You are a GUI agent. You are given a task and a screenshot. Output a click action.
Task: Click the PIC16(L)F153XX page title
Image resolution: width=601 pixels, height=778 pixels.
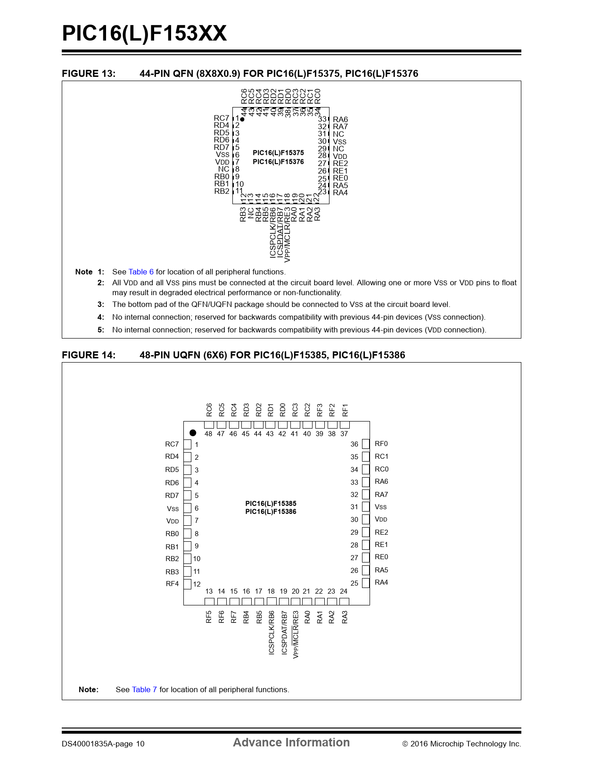(144, 33)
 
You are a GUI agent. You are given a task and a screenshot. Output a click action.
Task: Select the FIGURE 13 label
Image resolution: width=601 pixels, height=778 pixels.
(89, 74)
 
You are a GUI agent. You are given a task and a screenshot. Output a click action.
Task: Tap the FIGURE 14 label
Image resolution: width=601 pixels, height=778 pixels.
(89, 355)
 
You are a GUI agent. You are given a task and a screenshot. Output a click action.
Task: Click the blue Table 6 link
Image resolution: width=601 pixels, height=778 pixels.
(141, 272)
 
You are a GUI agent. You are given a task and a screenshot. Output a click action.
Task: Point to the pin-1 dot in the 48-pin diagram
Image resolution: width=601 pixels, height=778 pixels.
(193, 433)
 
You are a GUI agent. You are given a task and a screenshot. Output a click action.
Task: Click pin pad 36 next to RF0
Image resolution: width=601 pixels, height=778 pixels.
(366, 444)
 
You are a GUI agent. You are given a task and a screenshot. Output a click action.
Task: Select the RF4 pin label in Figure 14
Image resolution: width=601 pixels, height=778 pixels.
(172, 584)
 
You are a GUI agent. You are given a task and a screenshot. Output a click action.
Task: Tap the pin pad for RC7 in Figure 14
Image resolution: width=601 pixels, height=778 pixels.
(188, 444)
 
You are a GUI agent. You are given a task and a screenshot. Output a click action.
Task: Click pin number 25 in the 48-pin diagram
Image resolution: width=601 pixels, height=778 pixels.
(354, 583)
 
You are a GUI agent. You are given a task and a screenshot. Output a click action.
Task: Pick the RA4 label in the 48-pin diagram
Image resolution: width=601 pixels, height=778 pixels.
(381, 582)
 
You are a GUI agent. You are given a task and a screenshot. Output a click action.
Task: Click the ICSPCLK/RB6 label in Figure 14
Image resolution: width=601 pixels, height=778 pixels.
(272, 633)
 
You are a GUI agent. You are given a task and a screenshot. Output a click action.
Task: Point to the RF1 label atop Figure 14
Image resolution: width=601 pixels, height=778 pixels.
(345, 410)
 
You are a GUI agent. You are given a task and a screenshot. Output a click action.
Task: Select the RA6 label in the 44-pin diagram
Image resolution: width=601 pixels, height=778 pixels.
(340, 120)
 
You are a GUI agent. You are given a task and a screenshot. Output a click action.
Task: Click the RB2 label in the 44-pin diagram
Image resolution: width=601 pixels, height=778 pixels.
(222, 191)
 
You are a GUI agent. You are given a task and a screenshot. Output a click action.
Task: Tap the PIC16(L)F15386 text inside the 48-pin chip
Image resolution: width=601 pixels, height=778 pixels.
(271, 512)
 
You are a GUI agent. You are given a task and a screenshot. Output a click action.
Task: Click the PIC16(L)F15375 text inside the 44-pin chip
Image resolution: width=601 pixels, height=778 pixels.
(278, 153)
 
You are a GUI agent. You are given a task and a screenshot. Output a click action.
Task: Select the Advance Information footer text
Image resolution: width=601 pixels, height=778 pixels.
(291, 743)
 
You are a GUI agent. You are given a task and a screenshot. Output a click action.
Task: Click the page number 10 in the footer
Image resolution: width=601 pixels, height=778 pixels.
(140, 744)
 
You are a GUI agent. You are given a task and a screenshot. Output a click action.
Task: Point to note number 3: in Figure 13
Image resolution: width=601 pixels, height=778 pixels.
(101, 305)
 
